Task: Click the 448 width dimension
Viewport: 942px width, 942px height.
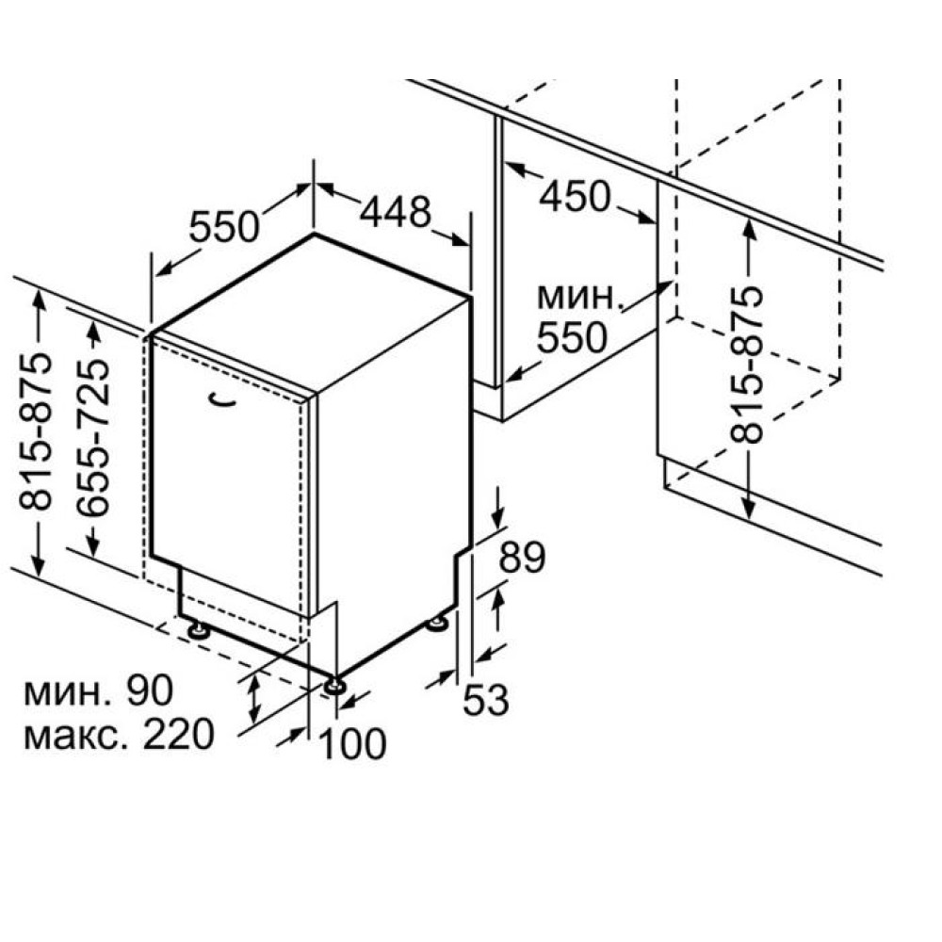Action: (x=396, y=213)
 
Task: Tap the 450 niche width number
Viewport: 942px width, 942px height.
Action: (x=575, y=197)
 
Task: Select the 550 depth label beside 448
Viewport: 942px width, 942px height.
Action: (x=224, y=227)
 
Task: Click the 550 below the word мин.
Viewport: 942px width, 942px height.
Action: (x=572, y=337)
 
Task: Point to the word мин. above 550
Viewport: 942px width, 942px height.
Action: (x=578, y=298)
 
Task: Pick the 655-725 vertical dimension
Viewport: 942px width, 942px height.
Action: (x=93, y=438)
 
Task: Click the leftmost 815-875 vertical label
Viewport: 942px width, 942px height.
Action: (x=36, y=431)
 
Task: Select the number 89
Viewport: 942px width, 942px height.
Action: (x=522, y=558)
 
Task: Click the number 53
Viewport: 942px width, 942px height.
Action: (x=486, y=700)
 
